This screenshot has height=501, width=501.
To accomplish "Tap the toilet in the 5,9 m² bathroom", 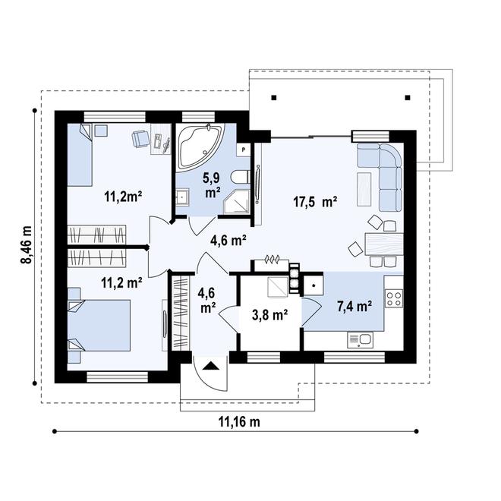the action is pos(241,177).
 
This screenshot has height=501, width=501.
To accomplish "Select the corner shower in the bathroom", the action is pos(236,201).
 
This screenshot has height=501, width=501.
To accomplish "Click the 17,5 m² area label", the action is pos(315,202).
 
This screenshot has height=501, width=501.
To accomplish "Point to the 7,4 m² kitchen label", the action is pos(354,307).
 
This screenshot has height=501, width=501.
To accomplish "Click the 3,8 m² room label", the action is pos(270,315).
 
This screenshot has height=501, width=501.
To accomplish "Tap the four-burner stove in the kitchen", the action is pos(394,298).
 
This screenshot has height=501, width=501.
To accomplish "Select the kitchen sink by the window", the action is pos(360,340).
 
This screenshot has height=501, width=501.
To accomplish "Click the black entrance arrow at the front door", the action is pos(211,366).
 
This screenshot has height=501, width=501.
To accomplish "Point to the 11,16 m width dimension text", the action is pos(239,422).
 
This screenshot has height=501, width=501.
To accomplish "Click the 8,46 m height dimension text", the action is pos(27,244).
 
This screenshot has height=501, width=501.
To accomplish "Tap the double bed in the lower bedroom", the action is pos(99,325).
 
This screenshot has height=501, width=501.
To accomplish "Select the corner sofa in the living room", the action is pos(383,172).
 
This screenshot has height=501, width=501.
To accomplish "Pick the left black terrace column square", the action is pos(274,98).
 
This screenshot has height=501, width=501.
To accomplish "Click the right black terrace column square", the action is pos(408,98).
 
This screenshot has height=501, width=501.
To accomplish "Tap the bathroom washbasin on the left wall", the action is pos(182,197).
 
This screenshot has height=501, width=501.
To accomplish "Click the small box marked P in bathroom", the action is pos(243,150).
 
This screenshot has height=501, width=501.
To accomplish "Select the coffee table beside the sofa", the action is pos(364,189).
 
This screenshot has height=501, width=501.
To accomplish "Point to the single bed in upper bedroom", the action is pos(80,155).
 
